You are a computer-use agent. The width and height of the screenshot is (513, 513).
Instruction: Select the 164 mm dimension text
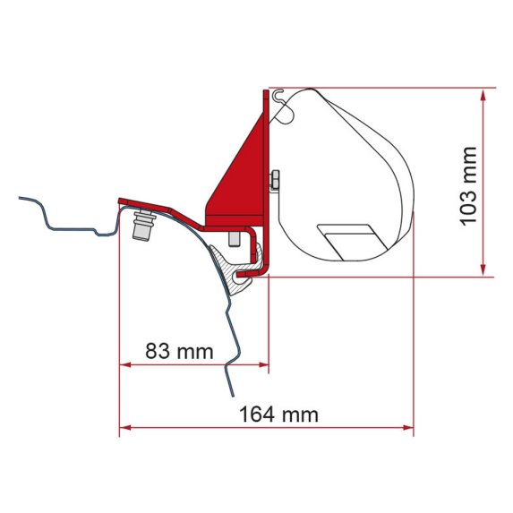(x=278, y=415)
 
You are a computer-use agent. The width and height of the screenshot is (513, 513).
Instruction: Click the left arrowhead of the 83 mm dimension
(x=124, y=364)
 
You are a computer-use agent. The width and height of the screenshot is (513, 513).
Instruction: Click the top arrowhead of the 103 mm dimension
(x=483, y=93)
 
